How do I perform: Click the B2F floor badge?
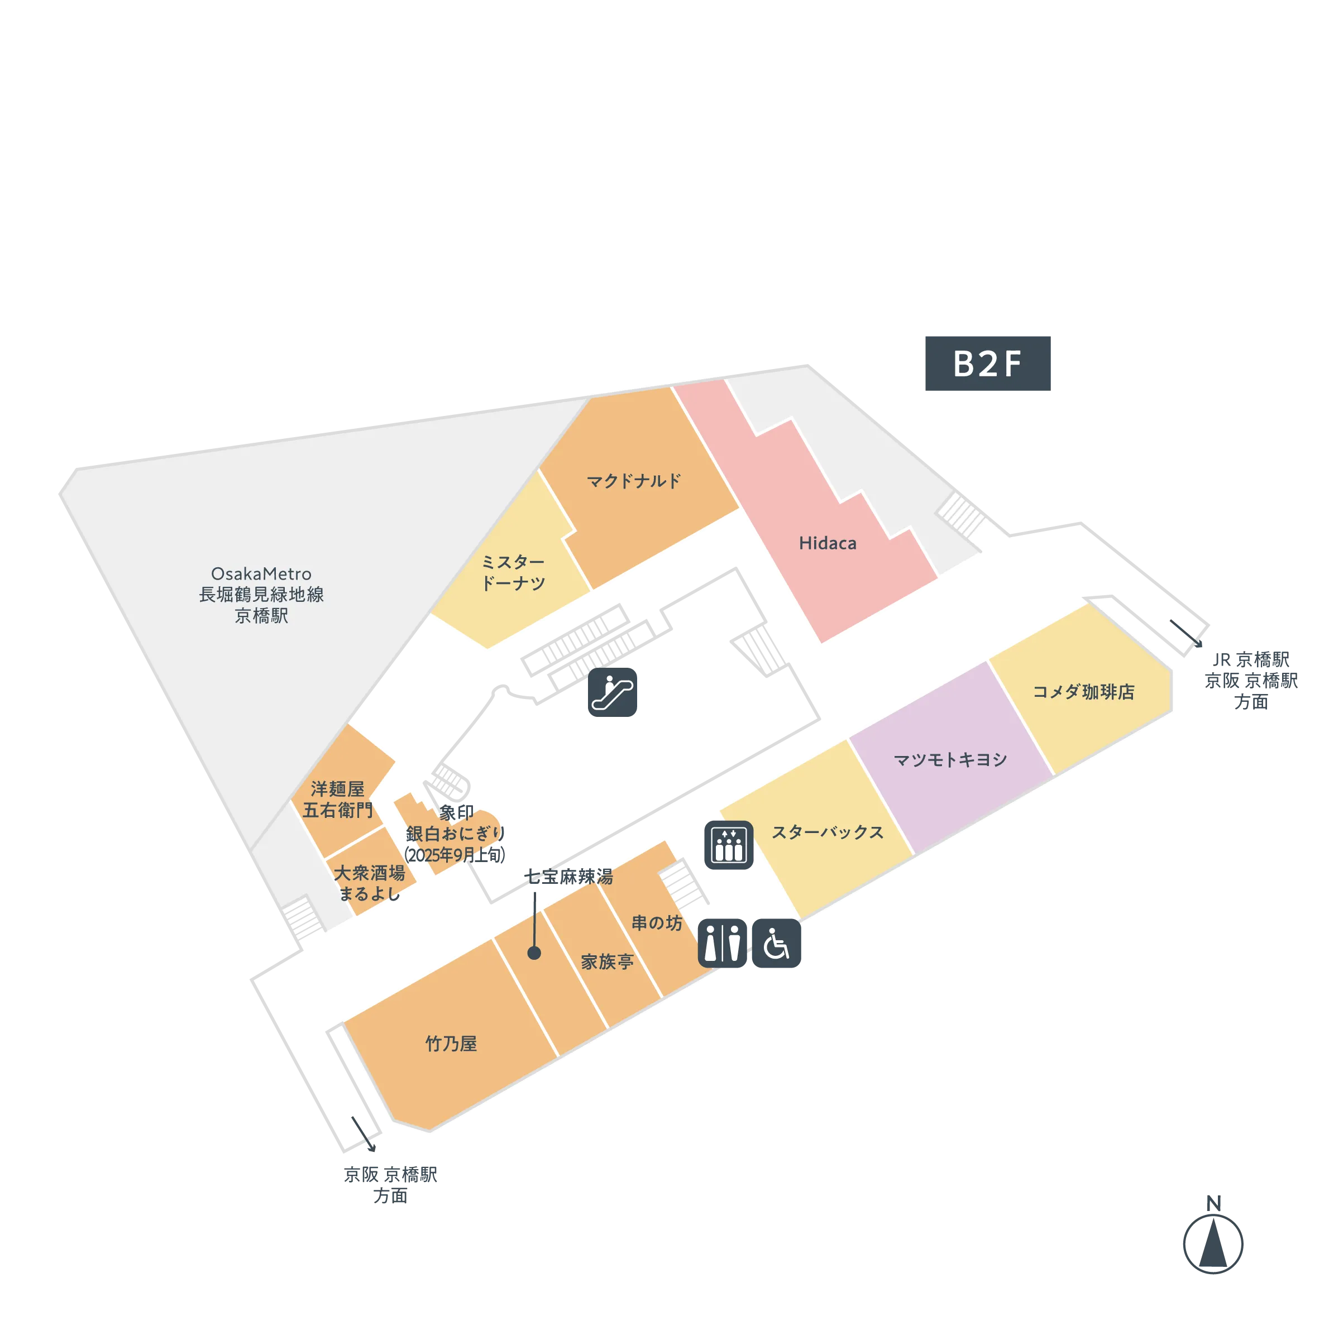coord(988,364)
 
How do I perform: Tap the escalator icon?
coord(612,692)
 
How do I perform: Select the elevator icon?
coord(728,844)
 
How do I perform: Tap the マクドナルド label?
coord(633,481)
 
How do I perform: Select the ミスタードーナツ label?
coord(513,572)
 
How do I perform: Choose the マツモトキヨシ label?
coord(950,759)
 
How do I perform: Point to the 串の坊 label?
coord(656,922)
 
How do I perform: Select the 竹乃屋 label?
coord(451,1043)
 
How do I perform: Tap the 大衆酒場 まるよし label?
coord(369,883)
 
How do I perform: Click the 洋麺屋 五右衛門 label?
coord(337,799)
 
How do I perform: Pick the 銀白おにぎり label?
coord(455,834)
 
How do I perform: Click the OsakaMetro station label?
coord(261,595)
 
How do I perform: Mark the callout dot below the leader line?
coord(534,953)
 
